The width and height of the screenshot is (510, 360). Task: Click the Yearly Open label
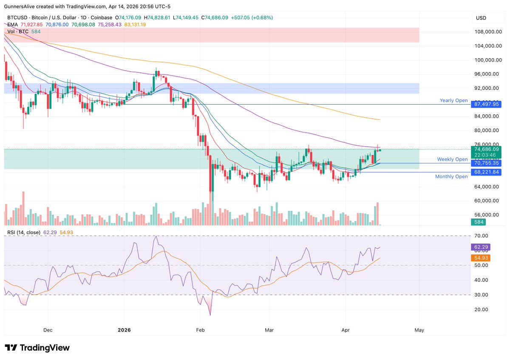click(453, 101)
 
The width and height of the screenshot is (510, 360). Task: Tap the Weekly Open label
click(452, 159)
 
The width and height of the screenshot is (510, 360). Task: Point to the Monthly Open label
click(451, 176)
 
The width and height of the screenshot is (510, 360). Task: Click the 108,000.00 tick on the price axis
click(486, 31)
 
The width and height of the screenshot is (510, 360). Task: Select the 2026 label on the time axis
click(124, 330)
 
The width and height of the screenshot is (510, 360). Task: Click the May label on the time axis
click(419, 330)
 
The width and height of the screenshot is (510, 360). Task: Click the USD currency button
click(481, 18)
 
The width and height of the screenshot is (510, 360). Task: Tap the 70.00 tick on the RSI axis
click(481, 236)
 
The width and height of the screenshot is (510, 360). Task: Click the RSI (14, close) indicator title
click(24, 232)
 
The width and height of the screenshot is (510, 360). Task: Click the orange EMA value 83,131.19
click(135, 25)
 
